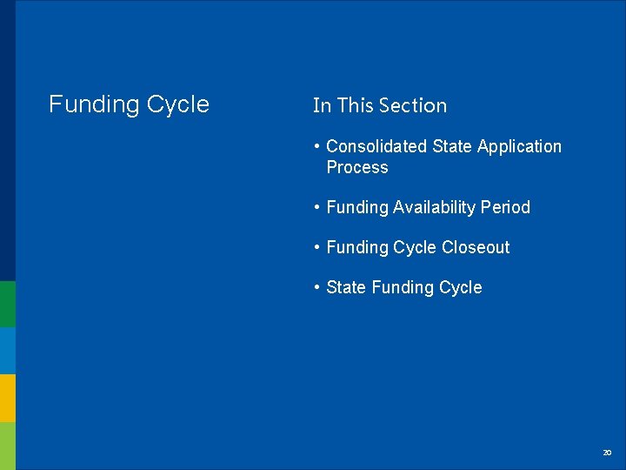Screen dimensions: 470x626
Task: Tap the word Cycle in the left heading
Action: point(178,105)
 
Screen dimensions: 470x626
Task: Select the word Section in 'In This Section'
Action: point(413,106)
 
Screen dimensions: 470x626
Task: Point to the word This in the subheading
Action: point(354,106)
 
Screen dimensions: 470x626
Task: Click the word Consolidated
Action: point(376,147)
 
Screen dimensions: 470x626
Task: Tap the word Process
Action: point(357,168)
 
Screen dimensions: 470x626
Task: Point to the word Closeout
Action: point(476,248)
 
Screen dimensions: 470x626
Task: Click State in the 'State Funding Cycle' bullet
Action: point(346,288)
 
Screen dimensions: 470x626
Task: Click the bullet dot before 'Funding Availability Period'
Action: point(318,208)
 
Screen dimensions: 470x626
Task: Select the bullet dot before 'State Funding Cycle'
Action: point(318,288)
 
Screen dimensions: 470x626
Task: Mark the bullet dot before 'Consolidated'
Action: point(318,147)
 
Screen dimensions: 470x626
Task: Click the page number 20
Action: point(607,453)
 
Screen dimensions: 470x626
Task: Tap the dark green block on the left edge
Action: point(8,304)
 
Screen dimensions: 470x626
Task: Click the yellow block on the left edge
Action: point(8,398)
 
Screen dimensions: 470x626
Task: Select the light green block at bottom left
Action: point(8,446)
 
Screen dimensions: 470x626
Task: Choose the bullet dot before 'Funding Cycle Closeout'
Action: point(318,248)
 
